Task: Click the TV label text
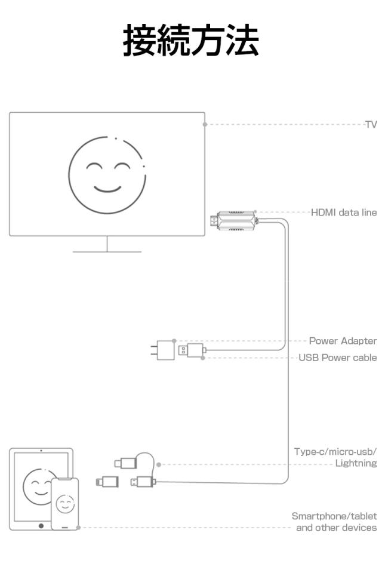371,124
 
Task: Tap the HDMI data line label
344,212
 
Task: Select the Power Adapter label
343,341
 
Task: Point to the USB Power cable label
337,358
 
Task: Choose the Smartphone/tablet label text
334,516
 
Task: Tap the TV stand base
107,251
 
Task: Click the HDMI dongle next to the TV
236,221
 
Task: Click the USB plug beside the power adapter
193,350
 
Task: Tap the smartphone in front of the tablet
65,503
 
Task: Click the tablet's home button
41,526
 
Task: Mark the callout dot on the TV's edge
205,124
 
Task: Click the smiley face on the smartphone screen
65,504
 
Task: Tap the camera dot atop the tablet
41,451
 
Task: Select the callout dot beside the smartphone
79,528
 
